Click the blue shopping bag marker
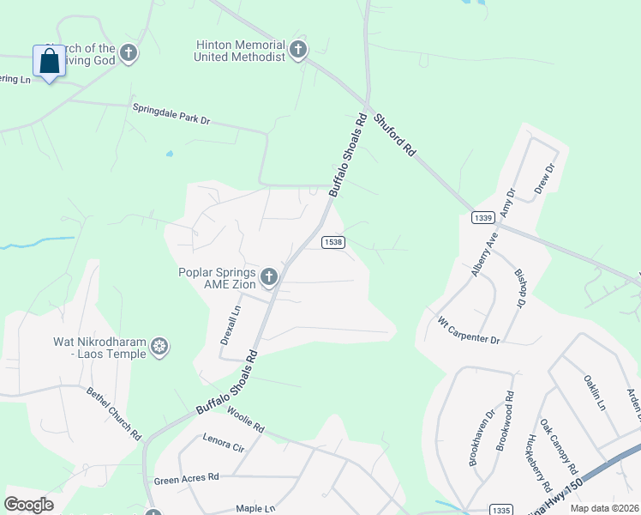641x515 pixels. [49, 61]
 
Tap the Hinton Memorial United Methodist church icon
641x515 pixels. [298, 50]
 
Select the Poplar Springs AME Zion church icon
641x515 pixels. [269, 277]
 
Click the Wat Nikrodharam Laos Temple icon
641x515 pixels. [159, 347]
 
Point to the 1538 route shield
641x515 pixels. [333, 242]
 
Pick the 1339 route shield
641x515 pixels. [482, 218]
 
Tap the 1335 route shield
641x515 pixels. [502, 509]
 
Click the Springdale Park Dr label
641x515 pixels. [171, 114]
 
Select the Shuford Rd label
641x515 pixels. [395, 134]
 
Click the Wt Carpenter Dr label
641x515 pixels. [468, 330]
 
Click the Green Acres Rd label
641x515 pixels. [187, 477]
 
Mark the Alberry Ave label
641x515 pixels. [485, 256]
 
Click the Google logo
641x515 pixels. [29, 505]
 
